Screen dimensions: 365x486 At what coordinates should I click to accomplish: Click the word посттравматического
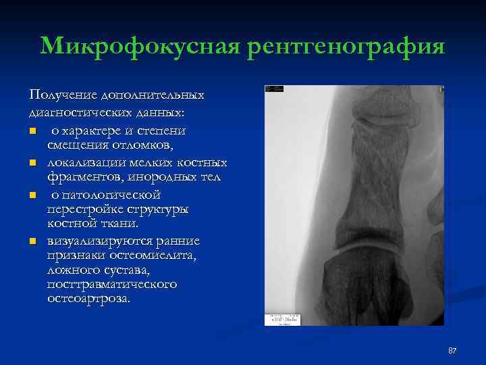tap(112, 284)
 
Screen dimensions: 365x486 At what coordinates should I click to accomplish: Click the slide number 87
tap(452, 350)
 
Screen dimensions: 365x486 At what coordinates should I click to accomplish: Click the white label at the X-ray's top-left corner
tap(274, 89)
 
